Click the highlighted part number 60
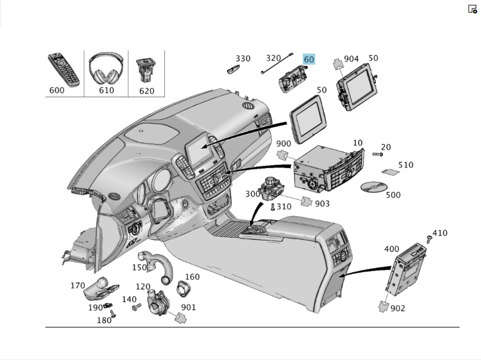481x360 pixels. (309, 60)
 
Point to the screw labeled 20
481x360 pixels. (377, 154)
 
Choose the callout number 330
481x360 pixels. (243, 59)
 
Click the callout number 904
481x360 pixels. (351, 59)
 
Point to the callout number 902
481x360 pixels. (398, 308)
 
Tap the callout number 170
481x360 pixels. (77, 286)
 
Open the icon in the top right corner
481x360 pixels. (472, 9)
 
